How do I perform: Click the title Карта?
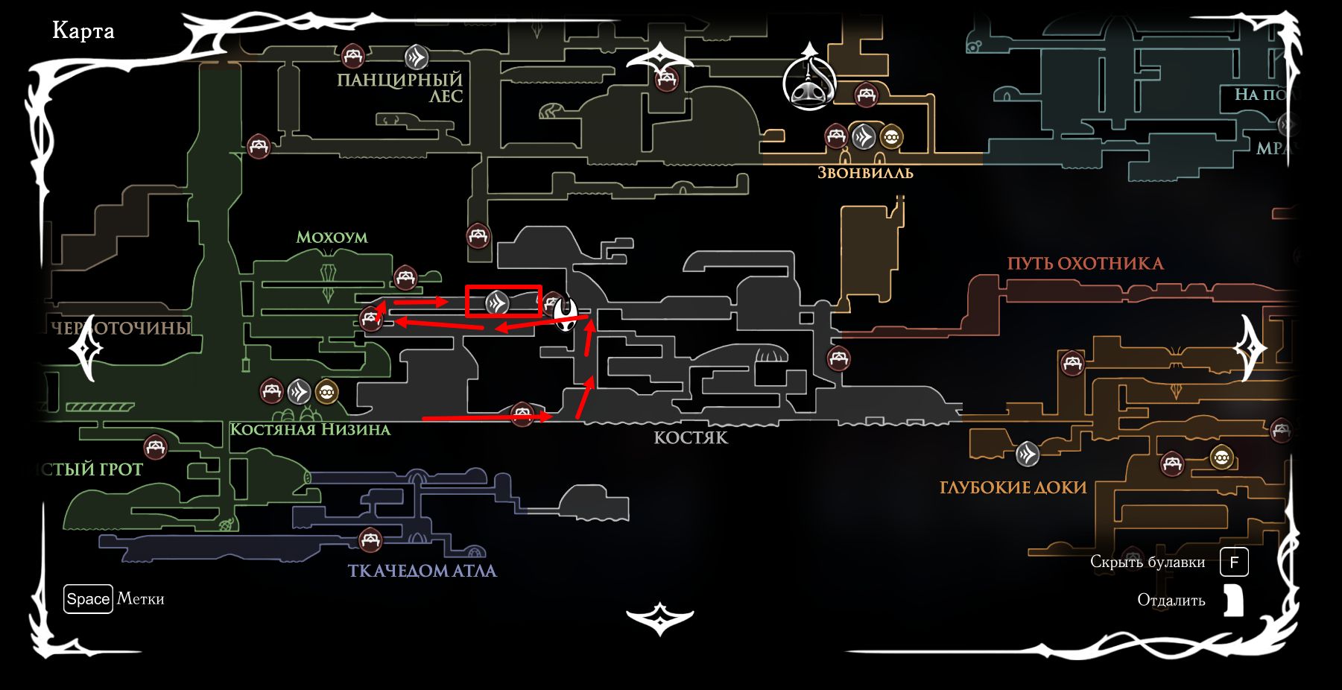[83, 31]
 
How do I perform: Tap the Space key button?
[88, 599]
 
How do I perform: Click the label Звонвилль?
[865, 173]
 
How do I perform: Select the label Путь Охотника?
[1085, 263]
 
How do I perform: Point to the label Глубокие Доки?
[1013, 487]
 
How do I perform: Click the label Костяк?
[691, 437]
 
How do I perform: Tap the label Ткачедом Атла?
[422, 571]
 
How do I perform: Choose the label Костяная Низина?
[310, 429]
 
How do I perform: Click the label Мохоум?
[332, 237]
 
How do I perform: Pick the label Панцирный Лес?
[400, 87]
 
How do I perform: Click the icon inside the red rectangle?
[497, 303]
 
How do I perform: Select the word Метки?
[141, 599]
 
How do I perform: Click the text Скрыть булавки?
[1148, 562]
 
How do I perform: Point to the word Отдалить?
[1171, 600]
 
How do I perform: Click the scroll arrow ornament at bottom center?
[659, 618]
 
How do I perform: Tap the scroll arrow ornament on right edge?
[1250, 348]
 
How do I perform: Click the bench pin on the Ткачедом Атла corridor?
[370, 539]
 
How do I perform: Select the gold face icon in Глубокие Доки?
[1221, 456]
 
